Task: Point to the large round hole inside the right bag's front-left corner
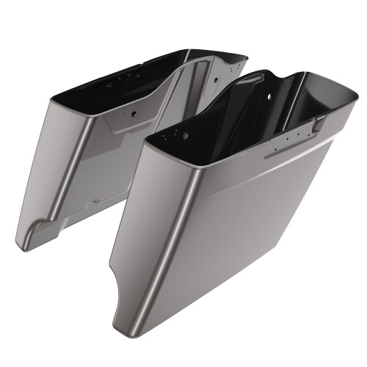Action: point(185,135)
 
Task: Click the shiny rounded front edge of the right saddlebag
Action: point(176,220)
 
